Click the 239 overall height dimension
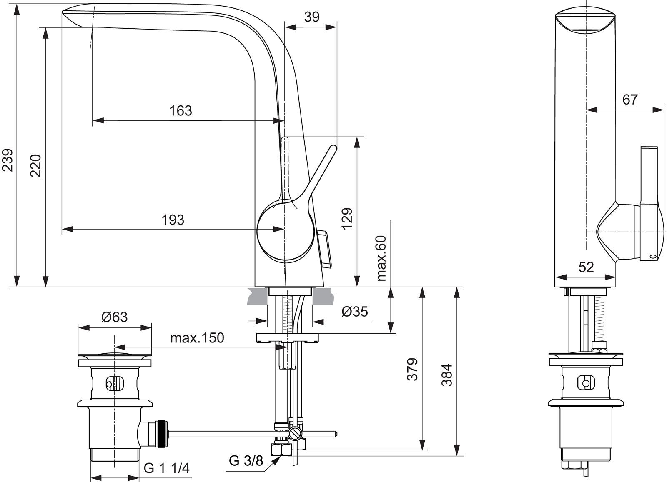click(8, 160)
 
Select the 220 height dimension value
click(36, 166)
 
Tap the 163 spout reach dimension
click(181, 111)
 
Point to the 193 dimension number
click(173, 220)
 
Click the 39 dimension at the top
click(312, 17)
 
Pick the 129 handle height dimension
click(347, 218)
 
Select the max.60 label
click(381, 258)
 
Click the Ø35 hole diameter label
click(355, 312)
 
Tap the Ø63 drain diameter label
click(114, 317)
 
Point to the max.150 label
click(197, 338)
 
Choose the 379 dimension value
click(412, 369)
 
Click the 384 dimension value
click(446, 375)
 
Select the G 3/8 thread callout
click(246, 461)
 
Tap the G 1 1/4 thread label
click(166, 468)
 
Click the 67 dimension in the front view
click(630, 100)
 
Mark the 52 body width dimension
click(586, 267)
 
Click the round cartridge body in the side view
click(286, 231)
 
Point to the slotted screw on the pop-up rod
click(294, 434)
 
